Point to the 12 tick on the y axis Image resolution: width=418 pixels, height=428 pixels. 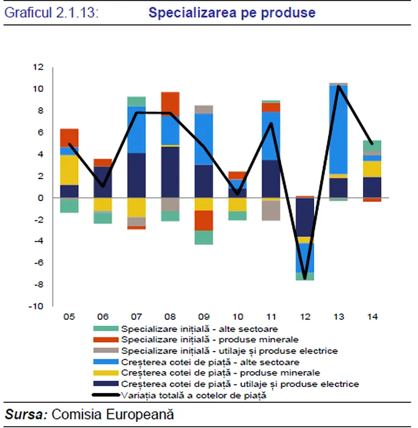38,67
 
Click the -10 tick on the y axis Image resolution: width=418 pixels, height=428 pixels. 37,306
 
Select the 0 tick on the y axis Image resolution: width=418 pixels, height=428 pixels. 41,197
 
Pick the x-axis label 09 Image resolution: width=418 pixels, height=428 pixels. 204,317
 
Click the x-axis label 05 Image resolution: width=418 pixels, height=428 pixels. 68,317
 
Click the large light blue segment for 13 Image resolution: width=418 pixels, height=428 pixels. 339,130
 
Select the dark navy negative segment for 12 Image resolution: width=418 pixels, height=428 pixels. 305,216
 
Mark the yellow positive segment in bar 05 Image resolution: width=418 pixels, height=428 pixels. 69,169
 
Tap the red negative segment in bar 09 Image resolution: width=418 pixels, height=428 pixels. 205,220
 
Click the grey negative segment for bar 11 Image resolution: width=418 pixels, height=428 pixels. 271,210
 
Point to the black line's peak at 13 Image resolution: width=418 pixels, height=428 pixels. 339,86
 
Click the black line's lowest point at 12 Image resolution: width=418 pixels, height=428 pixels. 305,278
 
